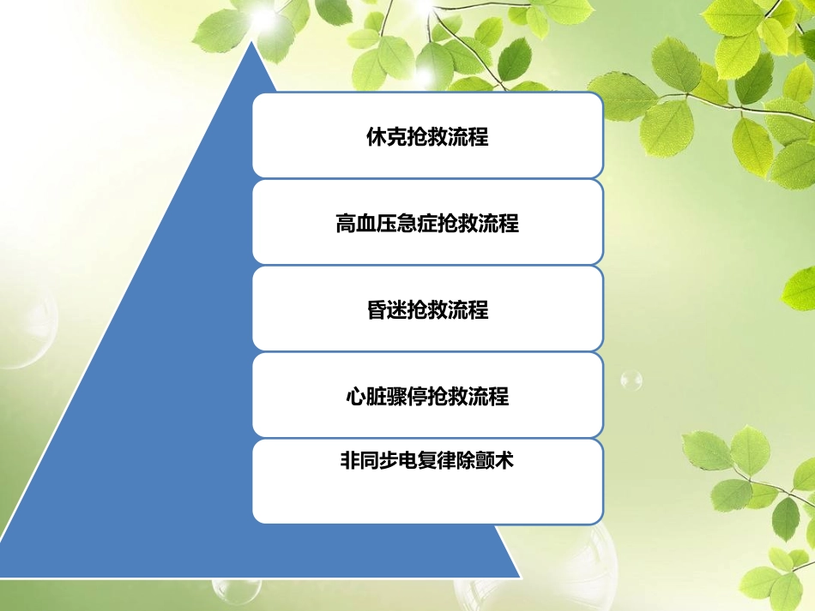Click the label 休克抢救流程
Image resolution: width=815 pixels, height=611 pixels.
click(x=427, y=136)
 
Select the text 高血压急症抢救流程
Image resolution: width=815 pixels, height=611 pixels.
click(x=427, y=224)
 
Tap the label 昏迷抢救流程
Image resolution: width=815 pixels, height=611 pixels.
click(x=427, y=310)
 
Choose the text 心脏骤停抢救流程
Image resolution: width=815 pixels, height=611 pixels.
click(x=427, y=397)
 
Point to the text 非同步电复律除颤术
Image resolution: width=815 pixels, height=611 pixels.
click(x=427, y=460)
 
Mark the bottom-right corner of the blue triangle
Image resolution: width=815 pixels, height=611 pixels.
click(x=519, y=577)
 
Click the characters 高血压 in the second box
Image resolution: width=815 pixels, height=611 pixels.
click(x=365, y=224)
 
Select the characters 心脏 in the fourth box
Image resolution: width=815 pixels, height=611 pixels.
click(x=365, y=397)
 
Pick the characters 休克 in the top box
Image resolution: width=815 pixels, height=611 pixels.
click(x=386, y=136)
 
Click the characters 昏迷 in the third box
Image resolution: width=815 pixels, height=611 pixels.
click(x=386, y=310)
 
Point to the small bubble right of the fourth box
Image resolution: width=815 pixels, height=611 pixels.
click(x=631, y=379)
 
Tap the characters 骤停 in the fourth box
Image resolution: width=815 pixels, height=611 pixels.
click(x=407, y=397)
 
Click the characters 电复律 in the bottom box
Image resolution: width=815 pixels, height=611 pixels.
click(x=427, y=460)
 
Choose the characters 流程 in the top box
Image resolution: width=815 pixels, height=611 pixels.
click(x=468, y=136)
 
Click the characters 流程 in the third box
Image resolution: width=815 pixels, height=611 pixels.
click(x=468, y=310)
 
